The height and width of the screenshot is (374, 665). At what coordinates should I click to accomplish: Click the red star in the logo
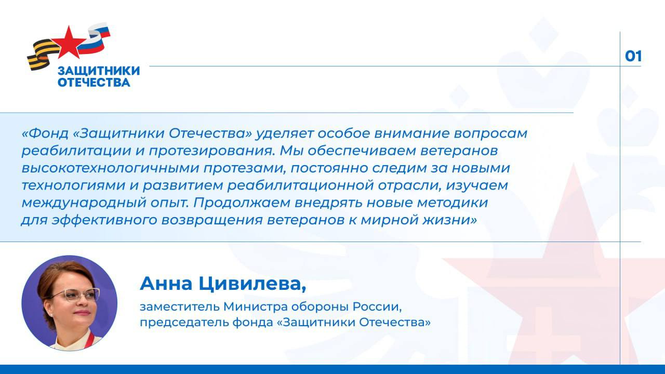pyautogui.click(x=66, y=42)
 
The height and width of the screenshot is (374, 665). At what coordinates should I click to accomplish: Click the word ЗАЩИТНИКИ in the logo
pyautogui.click(x=98, y=71)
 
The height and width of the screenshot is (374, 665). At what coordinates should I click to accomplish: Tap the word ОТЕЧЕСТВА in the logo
pyautogui.click(x=94, y=82)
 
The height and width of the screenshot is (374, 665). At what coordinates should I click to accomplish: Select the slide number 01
pyautogui.click(x=633, y=56)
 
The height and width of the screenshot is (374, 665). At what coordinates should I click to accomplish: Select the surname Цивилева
pyautogui.click(x=249, y=284)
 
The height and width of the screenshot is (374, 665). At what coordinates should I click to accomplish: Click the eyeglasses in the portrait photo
pyautogui.click(x=75, y=295)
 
